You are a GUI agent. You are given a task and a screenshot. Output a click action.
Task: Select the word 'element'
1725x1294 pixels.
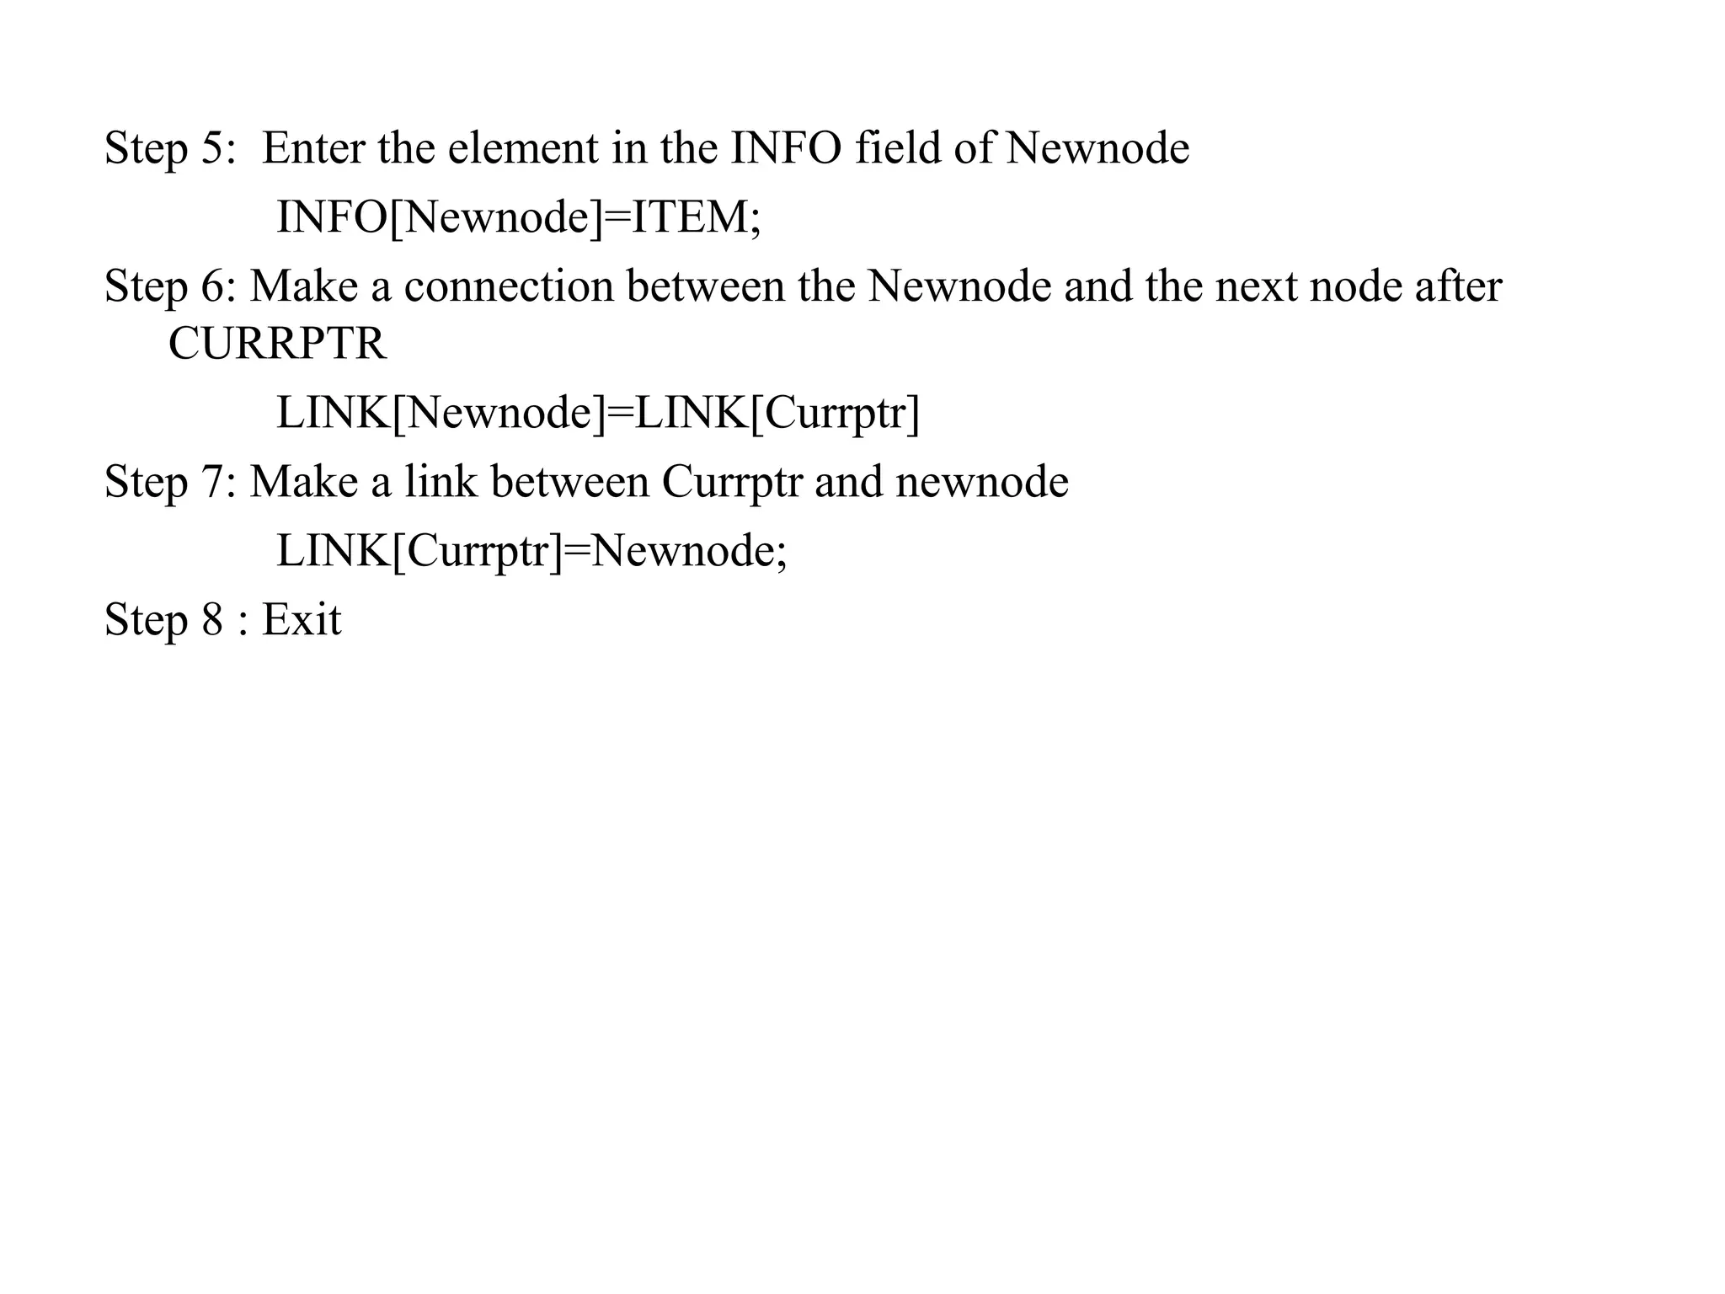(522, 148)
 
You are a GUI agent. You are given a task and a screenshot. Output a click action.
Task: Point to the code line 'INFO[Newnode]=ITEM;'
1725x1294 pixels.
(519, 217)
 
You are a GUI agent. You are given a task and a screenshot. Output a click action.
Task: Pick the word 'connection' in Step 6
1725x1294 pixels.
(509, 286)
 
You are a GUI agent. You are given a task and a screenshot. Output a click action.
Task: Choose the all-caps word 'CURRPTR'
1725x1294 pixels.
(277, 344)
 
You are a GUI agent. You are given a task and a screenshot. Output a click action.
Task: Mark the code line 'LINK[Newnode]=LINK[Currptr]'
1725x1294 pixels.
(598, 413)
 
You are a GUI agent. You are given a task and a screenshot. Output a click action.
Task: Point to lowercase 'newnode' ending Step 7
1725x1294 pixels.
(982, 482)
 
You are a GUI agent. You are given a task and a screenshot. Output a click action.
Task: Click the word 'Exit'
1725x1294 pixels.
(302, 620)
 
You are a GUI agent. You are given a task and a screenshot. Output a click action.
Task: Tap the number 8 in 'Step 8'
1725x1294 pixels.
(212, 620)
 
